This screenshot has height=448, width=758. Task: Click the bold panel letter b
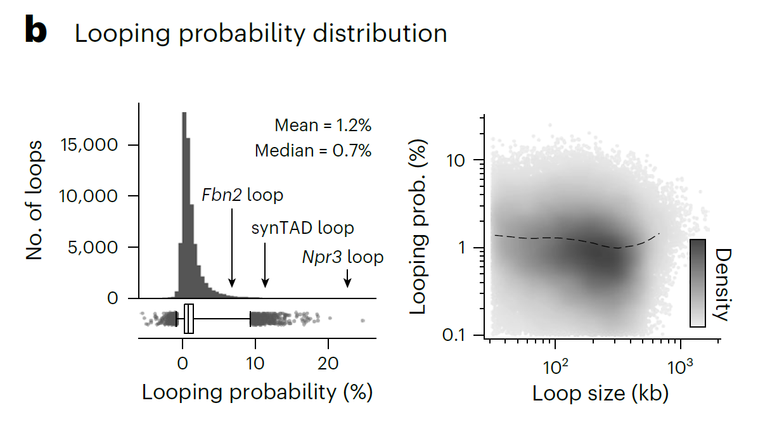(x=36, y=30)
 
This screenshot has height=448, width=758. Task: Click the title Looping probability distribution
(x=261, y=34)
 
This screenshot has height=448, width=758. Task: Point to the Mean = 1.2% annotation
(x=323, y=125)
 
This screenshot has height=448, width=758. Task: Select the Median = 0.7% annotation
(x=313, y=151)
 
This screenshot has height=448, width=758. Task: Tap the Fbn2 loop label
(x=242, y=195)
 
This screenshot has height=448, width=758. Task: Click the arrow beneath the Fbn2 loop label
(x=232, y=248)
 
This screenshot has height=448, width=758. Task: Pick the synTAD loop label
(x=302, y=227)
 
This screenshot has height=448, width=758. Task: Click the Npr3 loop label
(x=343, y=257)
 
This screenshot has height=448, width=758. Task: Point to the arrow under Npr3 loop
(x=347, y=278)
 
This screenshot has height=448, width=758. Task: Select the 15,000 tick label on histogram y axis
(x=89, y=144)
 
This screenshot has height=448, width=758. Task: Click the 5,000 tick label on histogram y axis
(x=93, y=247)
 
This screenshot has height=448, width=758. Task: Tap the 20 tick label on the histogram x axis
(x=328, y=364)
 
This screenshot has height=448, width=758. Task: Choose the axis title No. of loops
(x=34, y=201)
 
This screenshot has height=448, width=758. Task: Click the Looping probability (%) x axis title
(x=257, y=392)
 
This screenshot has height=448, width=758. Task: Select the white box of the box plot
(x=188, y=319)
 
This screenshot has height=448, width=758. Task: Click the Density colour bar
(x=698, y=283)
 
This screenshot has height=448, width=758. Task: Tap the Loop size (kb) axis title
(x=600, y=394)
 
